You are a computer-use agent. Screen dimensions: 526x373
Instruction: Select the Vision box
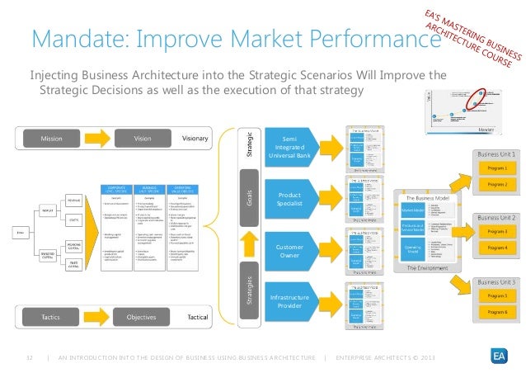click(x=143, y=139)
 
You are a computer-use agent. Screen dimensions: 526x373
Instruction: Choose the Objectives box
click(x=142, y=316)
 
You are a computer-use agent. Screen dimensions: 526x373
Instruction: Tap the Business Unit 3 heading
click(x=494, y=282)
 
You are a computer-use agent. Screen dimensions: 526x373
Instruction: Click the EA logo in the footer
click(x=500, y=356)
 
